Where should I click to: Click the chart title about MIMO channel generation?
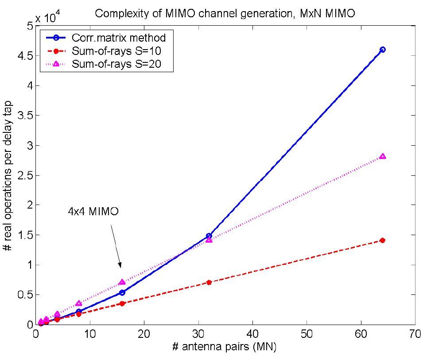[225, 14]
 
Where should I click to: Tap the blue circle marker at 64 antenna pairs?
[383, 50]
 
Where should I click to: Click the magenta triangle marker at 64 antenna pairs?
[383, 156]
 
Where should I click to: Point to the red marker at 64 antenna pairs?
[383, 240]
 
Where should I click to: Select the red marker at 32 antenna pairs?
[209, 282]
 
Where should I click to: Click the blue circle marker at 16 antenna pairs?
[122, 292]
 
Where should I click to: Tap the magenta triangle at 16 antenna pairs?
[122, 282]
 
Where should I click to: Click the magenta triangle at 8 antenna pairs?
[79, 303]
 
